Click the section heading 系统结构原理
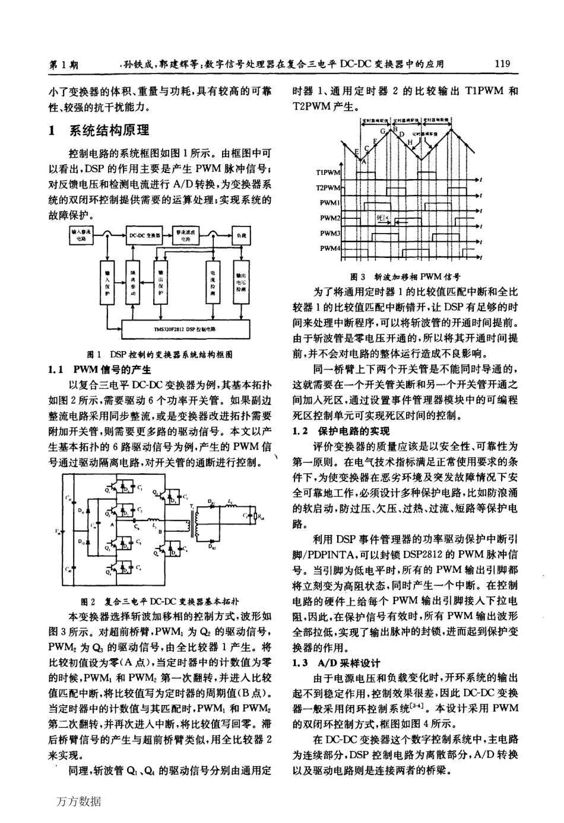pos(109,130)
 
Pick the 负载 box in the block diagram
pos(241,235)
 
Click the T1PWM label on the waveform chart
pos(328,173)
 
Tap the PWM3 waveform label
pos(330,233)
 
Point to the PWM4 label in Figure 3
pos(330,248)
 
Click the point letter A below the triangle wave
pos(364,160)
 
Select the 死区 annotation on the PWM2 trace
pos(383,218)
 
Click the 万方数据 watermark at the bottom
pos(79,802)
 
